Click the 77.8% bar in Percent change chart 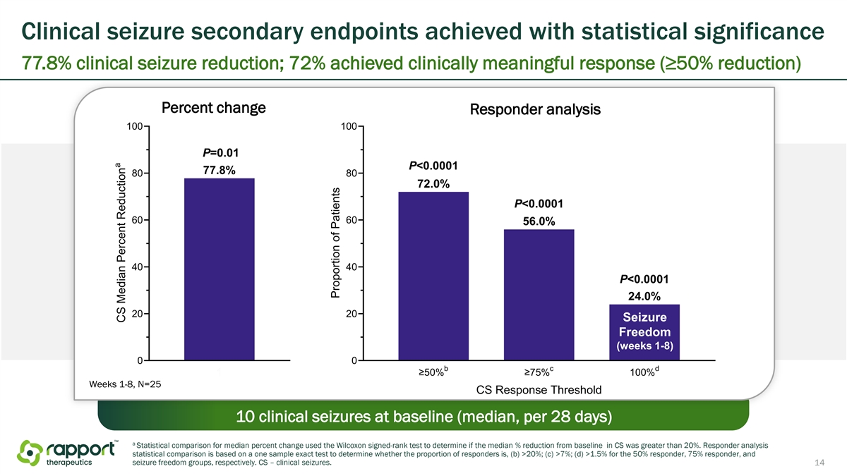point(220,269)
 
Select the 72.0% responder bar point(433,276)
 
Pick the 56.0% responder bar point(539,295)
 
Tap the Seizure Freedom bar point(644,332)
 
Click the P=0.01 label point(221,152)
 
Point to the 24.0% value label point(644,296)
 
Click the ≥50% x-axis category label point(433,372)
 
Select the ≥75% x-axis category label point(539,372)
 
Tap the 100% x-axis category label point(644,372)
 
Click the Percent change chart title point(214,108)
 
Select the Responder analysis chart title point(535,109)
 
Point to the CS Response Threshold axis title point(539,390)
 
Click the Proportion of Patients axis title point(335,243)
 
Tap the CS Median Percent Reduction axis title point(121,243)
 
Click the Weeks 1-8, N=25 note point(125,384)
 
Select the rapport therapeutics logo point(68,453)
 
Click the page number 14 point(819,463)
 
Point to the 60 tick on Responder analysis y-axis point(352,220)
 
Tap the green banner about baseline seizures point(423,416)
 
